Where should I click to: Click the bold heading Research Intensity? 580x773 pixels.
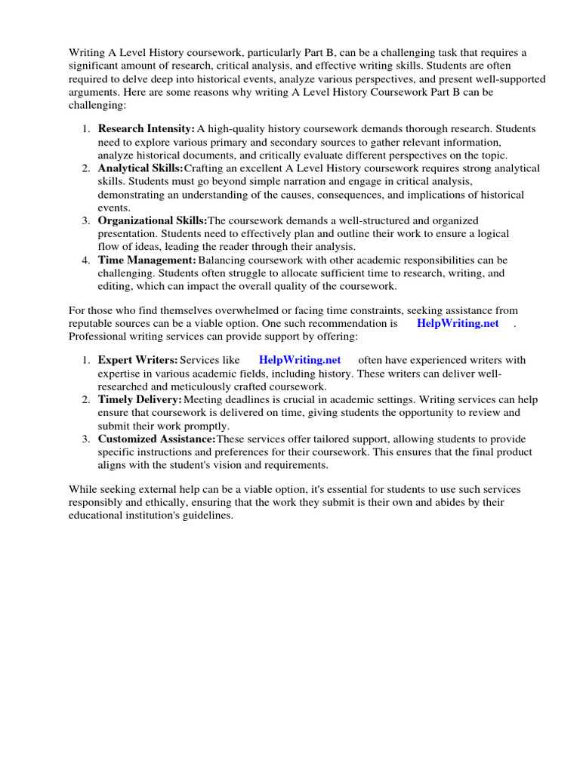pyautogui.click(x=147, y=129)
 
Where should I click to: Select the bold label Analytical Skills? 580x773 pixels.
pyautogui.click(x=140, y=168)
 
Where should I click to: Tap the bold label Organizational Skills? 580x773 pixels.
pyautogui.click(x=153, y=220)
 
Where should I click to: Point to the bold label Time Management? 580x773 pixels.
pyautogui.click(x=147, y=260)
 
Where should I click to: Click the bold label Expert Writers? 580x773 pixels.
pyautogui.click(x=138, y=360)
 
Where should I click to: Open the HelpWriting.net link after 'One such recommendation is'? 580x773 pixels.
pyautogui.click(x=458, y=323)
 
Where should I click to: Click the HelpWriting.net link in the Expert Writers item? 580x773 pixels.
pyautogui.click(x=300, y=360)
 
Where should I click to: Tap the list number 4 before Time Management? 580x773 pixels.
pyautogui.click(x=86, y=260)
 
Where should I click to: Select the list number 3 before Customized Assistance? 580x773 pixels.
pyautogui.click(x=86, y=439)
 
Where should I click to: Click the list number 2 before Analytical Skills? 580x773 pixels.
pyautogui.click(x=86, y=168)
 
